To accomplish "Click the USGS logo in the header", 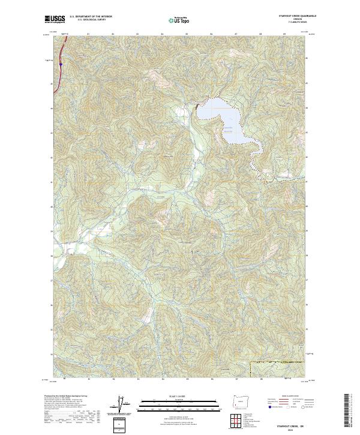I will pos(55,19).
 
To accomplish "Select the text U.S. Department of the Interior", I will pos(91,16).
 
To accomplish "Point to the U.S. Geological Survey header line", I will pos(88,19).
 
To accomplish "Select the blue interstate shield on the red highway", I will pos(61,62).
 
